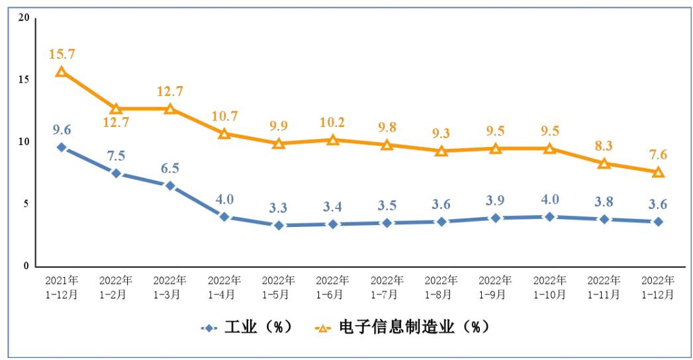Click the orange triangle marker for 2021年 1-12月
pos(62,71)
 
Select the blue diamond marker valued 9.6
pos(62,147)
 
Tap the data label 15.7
pos(62,52)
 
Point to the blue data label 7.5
pos(116,156)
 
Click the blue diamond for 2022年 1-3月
pos(170,186)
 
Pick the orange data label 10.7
pos(224,116)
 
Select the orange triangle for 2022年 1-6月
pos(333,140)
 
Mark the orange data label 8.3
pos(604,145)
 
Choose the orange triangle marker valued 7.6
pos(658,172)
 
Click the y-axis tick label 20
pos(24,17)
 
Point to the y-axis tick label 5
pos(27,204)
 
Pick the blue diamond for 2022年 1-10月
pos(549,216)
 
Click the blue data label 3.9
pos(495,200)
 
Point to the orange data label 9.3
pos(441,133)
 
